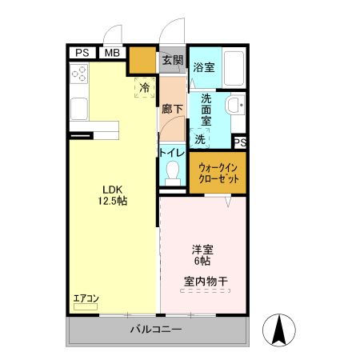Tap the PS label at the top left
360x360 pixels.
point(82,53)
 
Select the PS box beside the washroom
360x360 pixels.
point(239,142)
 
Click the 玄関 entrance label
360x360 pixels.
point(172,60)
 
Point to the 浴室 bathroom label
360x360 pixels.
point(204,68)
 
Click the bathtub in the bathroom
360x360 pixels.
point(234,70)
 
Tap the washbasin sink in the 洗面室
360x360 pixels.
point(235,106)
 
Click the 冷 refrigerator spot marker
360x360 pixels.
point(145,87)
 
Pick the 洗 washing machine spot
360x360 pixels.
point(200,138)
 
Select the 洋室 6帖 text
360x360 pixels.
point(201,255)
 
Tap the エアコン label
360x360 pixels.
point(86,299)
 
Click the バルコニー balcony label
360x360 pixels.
point(157,329)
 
